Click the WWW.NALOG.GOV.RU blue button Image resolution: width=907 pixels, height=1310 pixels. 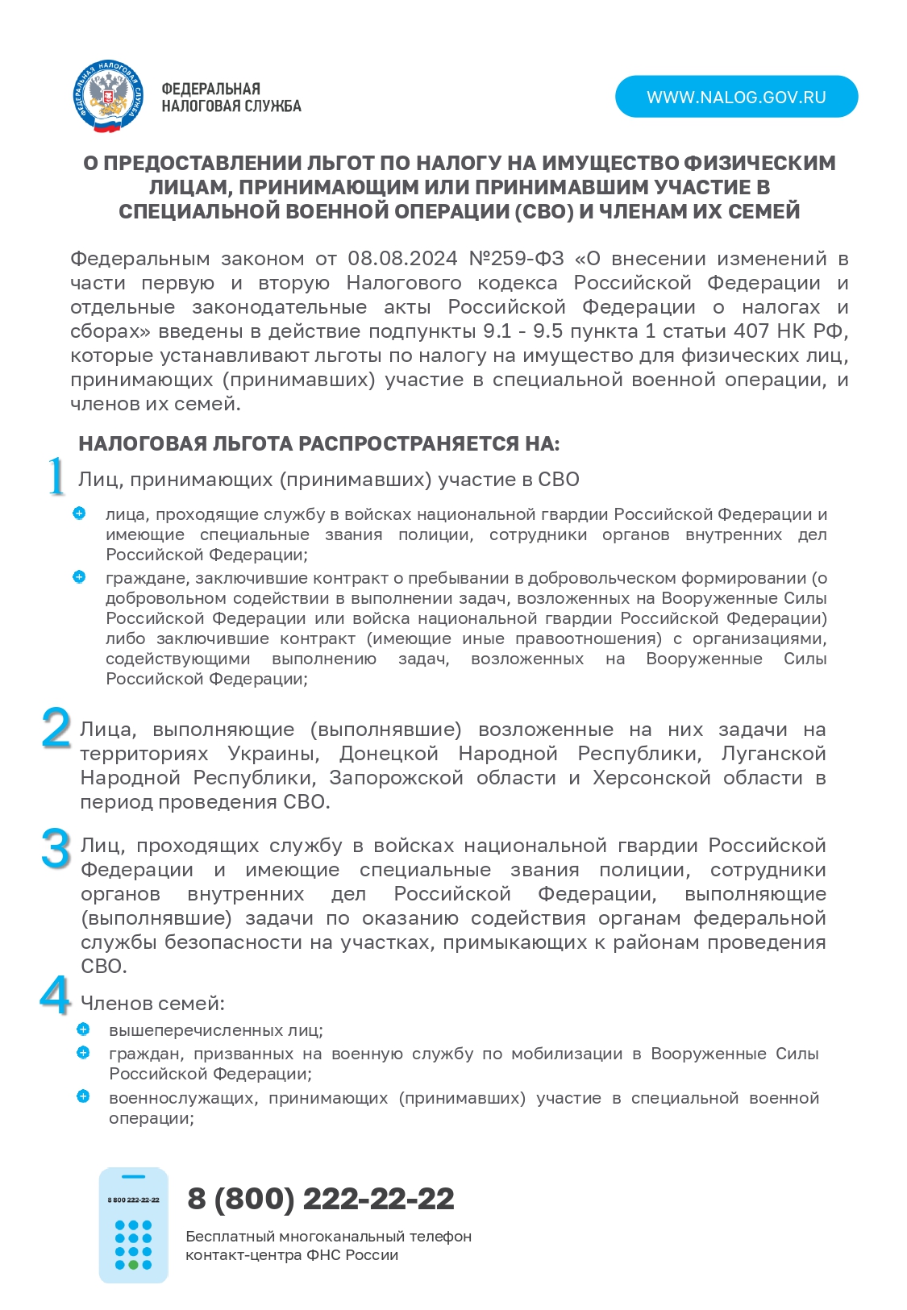[736, 97]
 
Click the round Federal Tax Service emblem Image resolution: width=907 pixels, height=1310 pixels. [109, 97]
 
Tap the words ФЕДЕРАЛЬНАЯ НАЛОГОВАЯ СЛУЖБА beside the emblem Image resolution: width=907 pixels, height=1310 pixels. [231, 98]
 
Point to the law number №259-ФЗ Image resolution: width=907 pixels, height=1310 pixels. [516, 259]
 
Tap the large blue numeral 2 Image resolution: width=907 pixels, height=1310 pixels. [56, 728]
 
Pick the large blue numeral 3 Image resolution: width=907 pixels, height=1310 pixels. [56, 849]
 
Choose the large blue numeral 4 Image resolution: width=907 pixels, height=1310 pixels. [55, 996]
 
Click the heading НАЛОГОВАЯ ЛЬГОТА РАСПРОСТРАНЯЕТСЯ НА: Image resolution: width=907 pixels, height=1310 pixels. [318, 443]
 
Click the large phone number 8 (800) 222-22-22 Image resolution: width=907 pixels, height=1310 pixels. [320, 1199]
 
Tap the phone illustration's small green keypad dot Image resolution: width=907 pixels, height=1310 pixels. [133, 1265]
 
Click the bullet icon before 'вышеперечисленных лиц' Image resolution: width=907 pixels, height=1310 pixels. [83, 1029]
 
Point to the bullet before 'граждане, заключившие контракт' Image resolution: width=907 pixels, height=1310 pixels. [79, 577]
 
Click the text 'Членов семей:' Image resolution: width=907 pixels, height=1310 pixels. [152, 1004]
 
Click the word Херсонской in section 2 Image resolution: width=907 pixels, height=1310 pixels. [651, 778]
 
